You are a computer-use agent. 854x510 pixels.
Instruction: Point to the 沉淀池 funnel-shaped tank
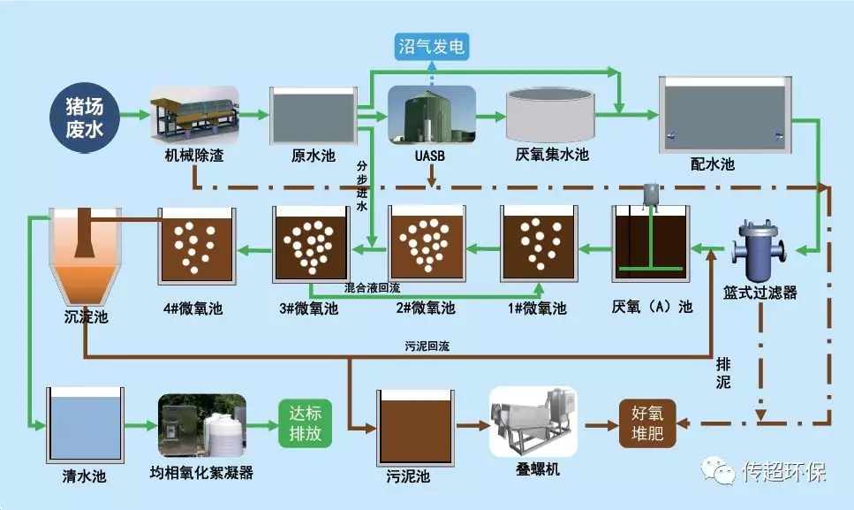pyautogui.click(x=85, y=256)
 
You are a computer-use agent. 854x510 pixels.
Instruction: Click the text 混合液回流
pyautogui.click(x=373, y=288)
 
